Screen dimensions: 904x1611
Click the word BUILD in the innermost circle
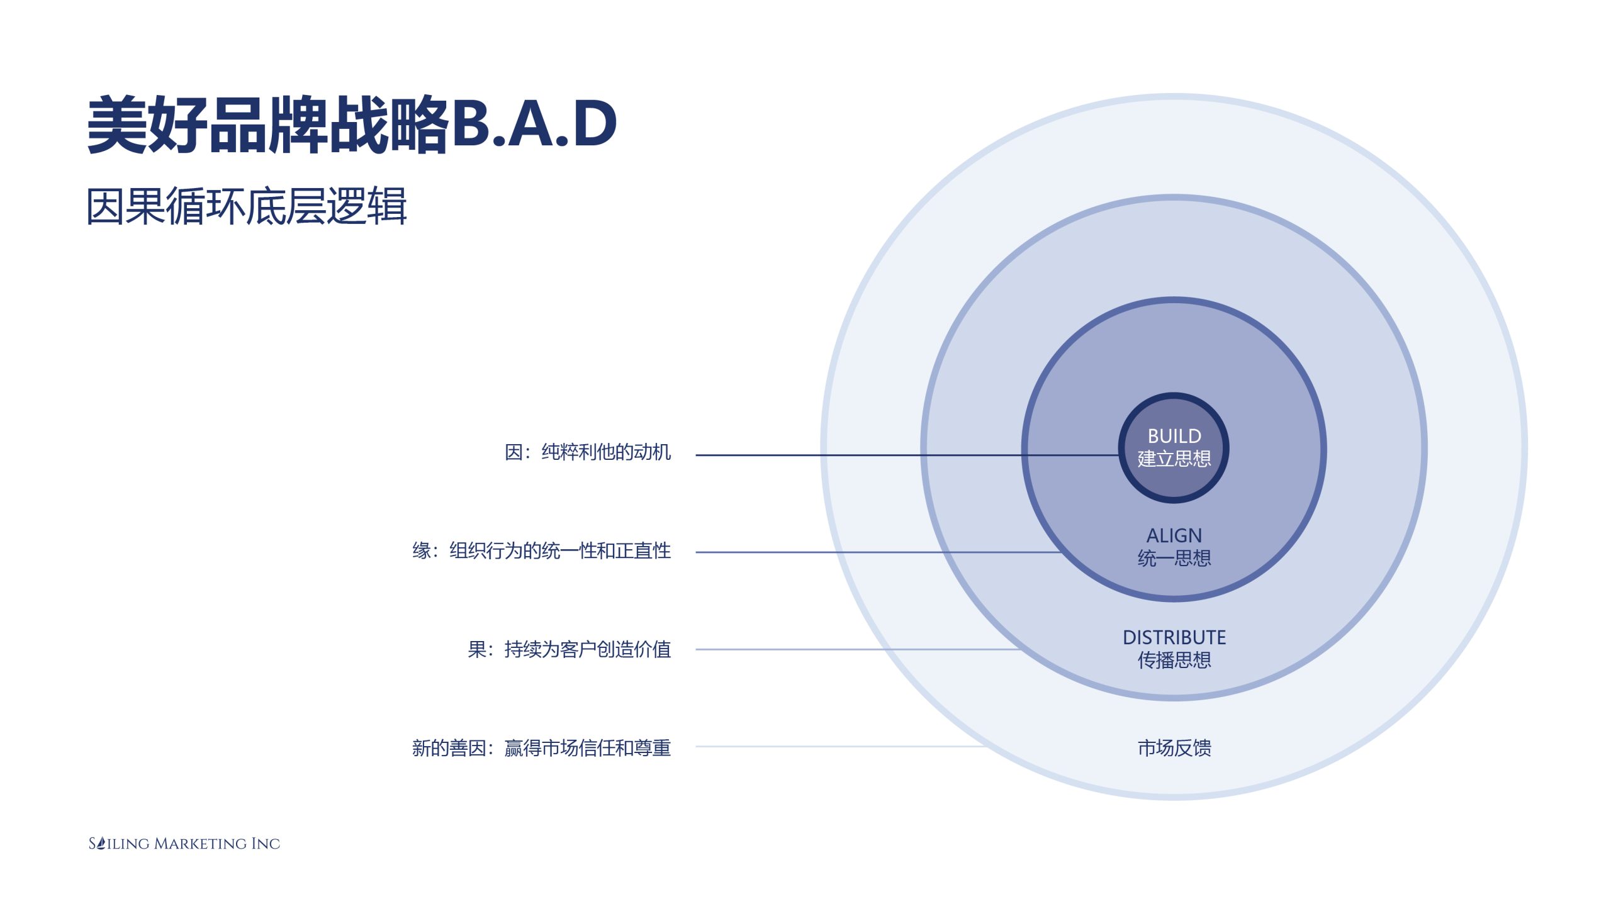coord(1174,436)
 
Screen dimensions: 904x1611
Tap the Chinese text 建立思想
coord(1174,459)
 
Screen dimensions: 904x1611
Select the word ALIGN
coord(1174,535)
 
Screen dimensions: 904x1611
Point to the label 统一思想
coord(1174,558)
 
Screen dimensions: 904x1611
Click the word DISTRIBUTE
coord(1174,637)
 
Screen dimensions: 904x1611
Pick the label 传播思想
coord(1174,660)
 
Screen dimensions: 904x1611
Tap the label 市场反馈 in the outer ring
coord(1174,748)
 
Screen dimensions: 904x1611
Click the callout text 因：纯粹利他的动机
coord(587,452)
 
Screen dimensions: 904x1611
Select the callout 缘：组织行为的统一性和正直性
coord(541,551)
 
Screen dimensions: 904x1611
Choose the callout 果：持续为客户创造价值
coord(569,649)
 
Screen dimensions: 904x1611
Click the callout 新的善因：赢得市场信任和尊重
coord(541,748)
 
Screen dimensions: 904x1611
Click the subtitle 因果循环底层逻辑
coord(246,206)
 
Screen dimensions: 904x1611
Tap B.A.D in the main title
coord(534,124)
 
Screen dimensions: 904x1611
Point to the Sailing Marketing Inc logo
coord(184,844)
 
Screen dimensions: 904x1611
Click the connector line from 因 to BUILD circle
coord(881,455)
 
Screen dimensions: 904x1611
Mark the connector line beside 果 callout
coord(850,649)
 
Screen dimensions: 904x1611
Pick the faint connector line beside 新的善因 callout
coord(837,747)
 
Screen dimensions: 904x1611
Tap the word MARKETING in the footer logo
coord(200,844)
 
